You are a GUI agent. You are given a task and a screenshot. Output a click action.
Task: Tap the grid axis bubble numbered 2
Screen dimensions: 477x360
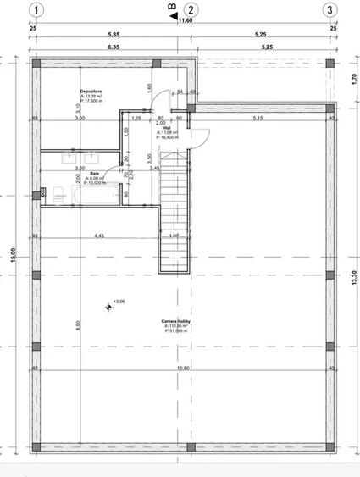tap(192, 10)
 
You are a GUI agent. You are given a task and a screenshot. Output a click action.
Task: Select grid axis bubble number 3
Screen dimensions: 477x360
tap(329, 10)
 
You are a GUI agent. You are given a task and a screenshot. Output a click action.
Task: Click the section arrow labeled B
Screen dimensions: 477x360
tap(173, 13)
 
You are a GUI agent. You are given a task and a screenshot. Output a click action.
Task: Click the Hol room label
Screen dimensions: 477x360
tap(167, 129)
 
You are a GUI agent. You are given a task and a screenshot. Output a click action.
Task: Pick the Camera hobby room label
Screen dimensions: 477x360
tap(175, 322)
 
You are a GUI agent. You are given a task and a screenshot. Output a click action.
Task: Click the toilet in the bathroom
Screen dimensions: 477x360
tap(58, 195)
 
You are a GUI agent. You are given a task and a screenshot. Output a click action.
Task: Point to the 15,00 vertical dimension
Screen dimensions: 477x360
tap(12, 260)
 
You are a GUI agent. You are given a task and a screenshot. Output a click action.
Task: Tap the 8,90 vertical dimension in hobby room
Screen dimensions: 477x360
tap(77, 324)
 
